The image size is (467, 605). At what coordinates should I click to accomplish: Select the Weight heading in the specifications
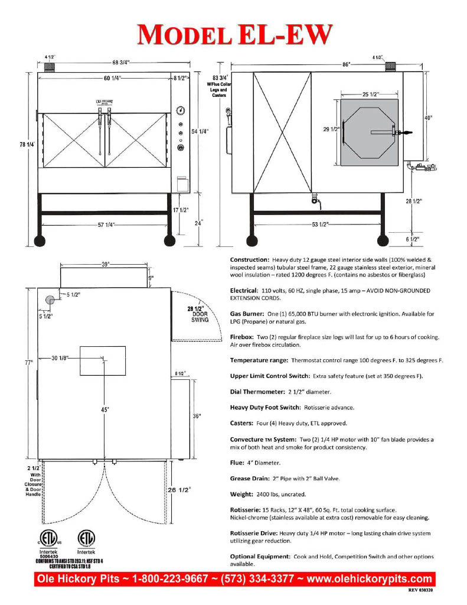(240, 493)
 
